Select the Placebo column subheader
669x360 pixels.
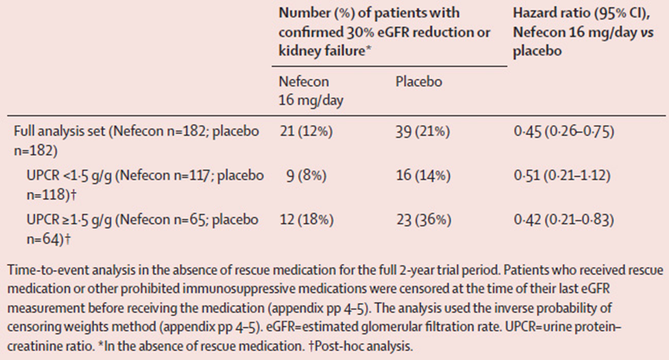click(419, 82)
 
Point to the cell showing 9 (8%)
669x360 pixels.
click(307, 176)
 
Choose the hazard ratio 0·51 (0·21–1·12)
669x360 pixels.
click(560, 176)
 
